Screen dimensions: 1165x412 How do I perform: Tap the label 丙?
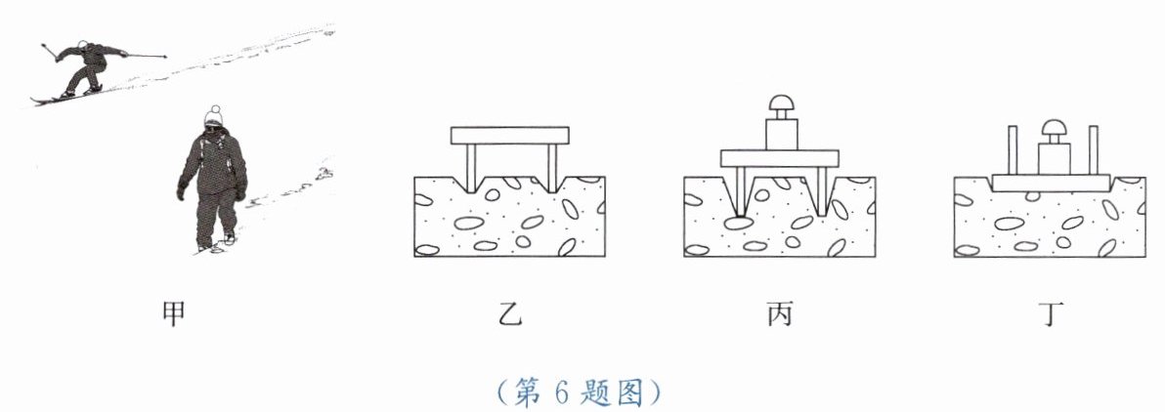[779, 313]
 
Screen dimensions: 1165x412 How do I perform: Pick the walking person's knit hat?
[214, 115]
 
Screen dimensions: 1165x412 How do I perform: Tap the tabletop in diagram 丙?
[780, 157]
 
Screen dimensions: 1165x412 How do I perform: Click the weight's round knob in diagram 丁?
[1054, 127]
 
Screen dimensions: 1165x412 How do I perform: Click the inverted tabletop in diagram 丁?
[1052, 183]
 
